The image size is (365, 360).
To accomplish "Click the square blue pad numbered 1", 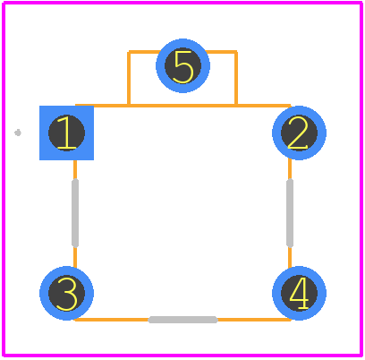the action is (66, 133).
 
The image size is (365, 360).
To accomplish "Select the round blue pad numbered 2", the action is (299, 133).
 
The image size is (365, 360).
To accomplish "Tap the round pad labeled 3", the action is (66, 293).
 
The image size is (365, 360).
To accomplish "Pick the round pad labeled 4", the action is (299, 293).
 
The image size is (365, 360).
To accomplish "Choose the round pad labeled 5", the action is (182, 65).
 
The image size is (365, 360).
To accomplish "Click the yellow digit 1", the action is (66, 133).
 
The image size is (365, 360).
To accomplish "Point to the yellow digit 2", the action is (298, 133).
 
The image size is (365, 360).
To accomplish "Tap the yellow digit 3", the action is (67, 294).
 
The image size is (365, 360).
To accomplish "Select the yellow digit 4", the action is (300, 293).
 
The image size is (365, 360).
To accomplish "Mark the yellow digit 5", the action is (183, 66).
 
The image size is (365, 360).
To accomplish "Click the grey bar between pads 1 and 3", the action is (75, 213).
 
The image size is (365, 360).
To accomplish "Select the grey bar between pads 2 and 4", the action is (290, 213).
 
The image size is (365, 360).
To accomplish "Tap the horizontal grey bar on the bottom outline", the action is (182, 320).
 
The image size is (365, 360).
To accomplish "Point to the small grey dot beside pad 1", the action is (18, 133).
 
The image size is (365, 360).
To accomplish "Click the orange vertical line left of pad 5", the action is (129, 78).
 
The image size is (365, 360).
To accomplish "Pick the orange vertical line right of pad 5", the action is (236, 78).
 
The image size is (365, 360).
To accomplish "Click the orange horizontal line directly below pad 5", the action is (182, 106).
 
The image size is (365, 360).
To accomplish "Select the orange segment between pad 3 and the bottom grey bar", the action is (112, 320).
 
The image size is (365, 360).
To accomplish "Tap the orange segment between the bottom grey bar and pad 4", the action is (254, 320).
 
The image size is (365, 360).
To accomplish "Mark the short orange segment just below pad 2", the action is (290, 168).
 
